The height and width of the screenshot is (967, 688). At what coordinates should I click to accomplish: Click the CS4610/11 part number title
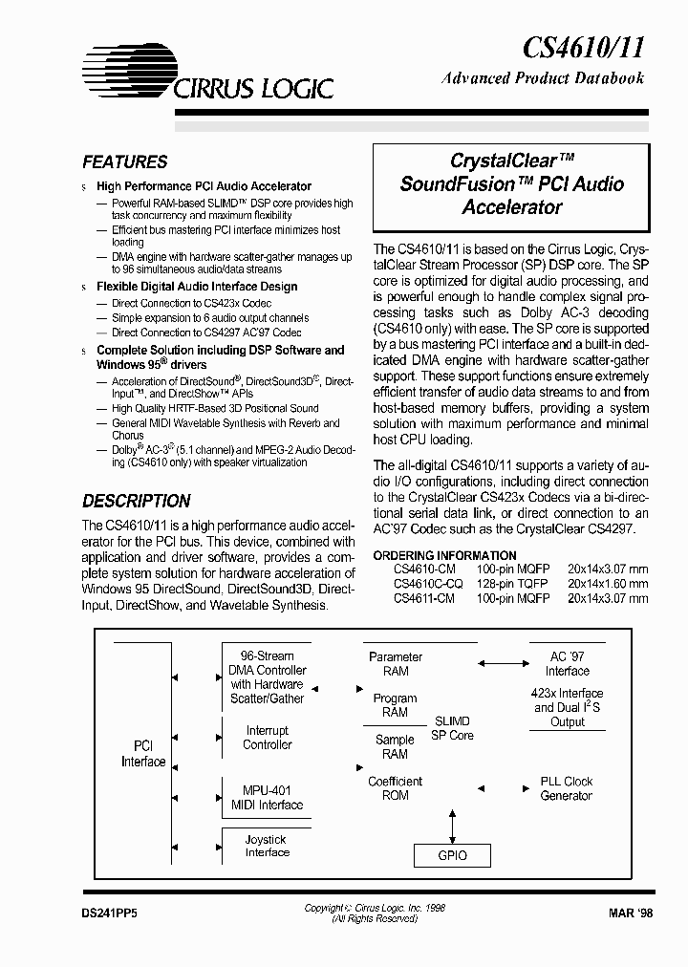click(x=584, y=45)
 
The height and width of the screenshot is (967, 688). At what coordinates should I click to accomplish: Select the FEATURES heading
click(x=124, y=162)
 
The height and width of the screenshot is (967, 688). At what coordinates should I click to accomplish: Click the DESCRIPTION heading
click(x=136, y=501)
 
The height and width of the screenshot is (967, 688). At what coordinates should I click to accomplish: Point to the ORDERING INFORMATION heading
click(x=444, y=555)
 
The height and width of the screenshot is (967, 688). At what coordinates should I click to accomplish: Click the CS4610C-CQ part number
click(x=428, y=583)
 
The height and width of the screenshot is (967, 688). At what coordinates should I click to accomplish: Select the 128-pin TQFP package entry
click(x=513, y=583)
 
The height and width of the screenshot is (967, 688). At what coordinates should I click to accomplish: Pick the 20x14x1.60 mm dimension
click(x=607, y=583)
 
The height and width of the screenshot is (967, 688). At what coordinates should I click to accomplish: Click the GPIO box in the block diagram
click(x=452, y=855)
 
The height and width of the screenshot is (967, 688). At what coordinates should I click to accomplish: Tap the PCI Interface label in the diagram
click(x=143, y=754)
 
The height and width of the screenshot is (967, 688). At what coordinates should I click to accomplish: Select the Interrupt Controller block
click(x=267, y=738)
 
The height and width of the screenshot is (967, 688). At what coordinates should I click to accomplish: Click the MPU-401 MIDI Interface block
click(x=267, y=798)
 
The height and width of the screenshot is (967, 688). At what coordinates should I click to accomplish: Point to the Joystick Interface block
click(x=267, y=846)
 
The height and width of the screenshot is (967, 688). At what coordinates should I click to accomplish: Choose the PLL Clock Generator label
click(x=567, y=788)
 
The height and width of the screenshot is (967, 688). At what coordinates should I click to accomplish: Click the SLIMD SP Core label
click(x=452, y=728)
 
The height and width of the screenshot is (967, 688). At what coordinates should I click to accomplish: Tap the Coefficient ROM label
click(x=395, y=788)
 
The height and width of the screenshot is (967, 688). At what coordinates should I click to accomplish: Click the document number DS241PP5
click(x=110, y=913)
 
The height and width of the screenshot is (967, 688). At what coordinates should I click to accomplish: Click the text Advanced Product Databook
click(x=543, y=78)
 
